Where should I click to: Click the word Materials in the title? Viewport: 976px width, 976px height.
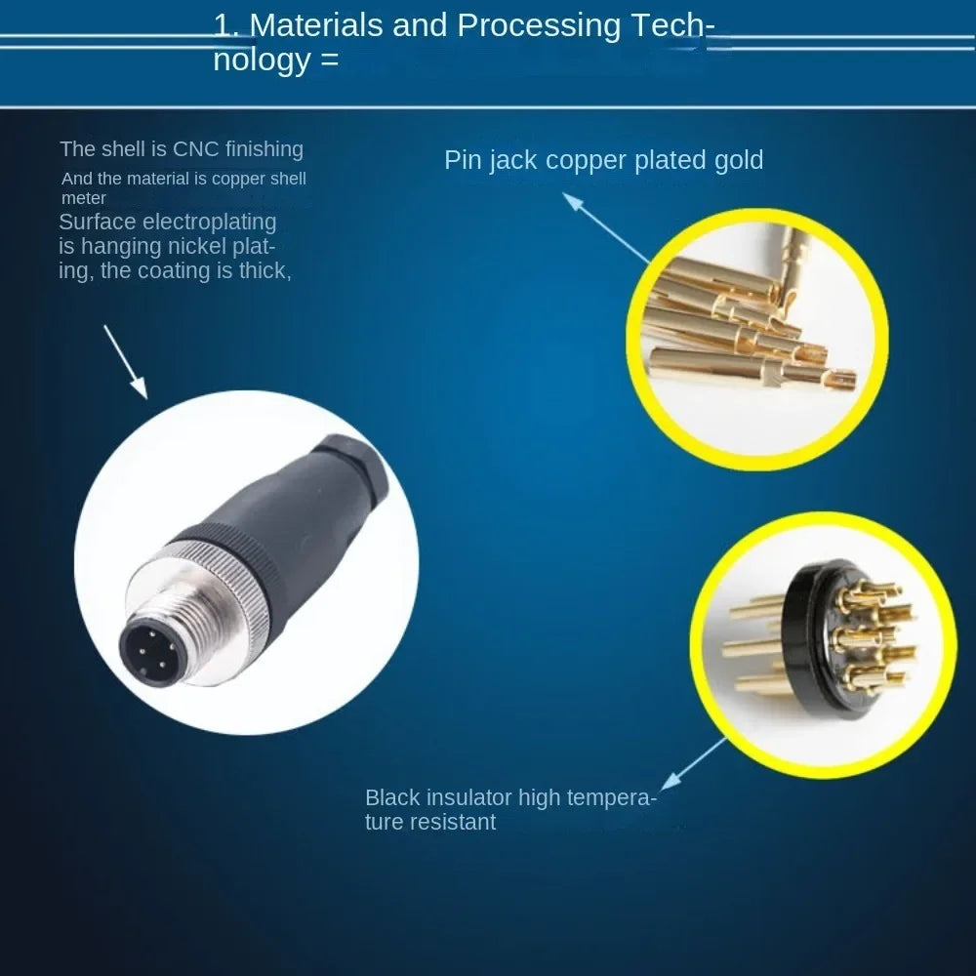[x=315, y=25]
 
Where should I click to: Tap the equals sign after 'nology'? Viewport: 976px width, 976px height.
[x=331, y=61]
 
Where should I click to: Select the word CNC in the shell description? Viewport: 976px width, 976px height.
[x=195, y=149]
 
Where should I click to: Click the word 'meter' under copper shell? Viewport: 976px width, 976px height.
[x=83, y=198]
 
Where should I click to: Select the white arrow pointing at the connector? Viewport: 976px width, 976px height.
[x=126, y=362]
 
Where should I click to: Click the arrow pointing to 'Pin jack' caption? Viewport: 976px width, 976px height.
[x=606, y=227]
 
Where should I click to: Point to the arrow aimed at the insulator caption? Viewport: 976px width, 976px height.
[x=693, y=764]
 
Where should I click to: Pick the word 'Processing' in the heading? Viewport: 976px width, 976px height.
[x=539, y=26]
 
